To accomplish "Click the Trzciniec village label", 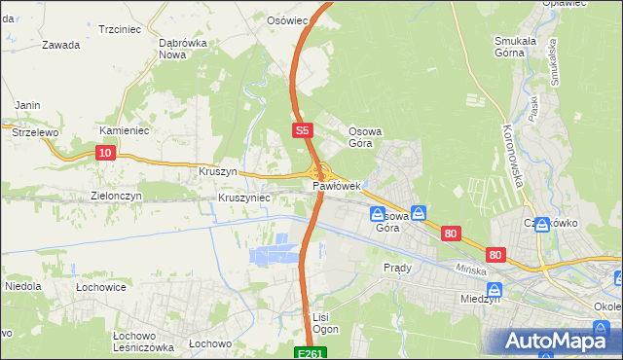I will click(121, 29).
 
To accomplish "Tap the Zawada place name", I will click(60, 45).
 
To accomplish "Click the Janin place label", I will click(26, 105).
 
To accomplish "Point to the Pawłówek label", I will click(338, 186).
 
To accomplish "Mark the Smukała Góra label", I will click(524, 47).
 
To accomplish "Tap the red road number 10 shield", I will click(106, 152).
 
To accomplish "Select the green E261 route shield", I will click(310, 353).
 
